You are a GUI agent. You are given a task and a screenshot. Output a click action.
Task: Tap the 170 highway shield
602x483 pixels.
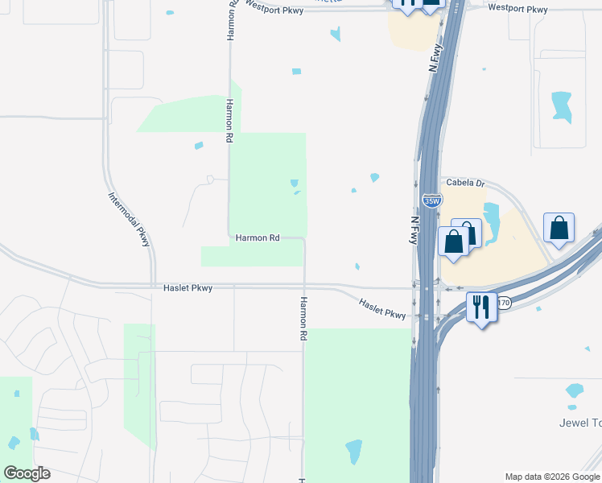[505, 303]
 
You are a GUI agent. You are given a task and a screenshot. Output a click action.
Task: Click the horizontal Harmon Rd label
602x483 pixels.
[258, 238]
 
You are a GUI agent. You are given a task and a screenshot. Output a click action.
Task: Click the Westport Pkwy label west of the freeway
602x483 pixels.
[276, 5]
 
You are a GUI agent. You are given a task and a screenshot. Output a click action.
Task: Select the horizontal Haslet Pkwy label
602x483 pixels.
[188, 287]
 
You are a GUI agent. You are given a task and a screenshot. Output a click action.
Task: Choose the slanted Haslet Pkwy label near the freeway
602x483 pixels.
[382, 308]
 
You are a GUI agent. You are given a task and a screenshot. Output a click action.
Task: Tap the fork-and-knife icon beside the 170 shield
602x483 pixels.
[481, 307]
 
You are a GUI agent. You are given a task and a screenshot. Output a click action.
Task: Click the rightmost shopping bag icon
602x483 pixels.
[559, 229]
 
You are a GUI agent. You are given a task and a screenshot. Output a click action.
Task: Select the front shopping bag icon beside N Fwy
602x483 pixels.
[454, 242]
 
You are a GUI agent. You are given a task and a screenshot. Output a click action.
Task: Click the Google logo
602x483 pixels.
[27, 473]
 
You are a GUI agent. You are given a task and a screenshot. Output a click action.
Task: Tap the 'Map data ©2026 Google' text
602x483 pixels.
[552, 477]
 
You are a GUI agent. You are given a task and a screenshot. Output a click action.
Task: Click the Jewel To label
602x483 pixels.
[579, 423]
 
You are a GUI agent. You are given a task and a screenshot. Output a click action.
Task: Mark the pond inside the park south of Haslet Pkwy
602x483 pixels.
[353, 452]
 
